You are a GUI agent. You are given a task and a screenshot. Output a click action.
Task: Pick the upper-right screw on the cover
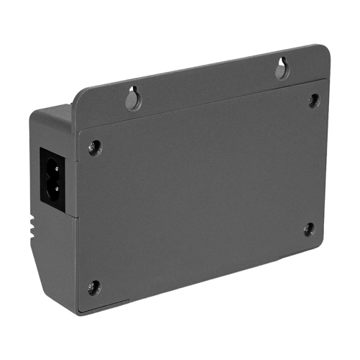point(314,100)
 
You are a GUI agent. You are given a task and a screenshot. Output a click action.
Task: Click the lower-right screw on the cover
point(309,230)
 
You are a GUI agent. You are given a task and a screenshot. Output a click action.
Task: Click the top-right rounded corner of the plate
point(325,50)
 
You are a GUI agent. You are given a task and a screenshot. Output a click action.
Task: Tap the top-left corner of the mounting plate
point(76,93)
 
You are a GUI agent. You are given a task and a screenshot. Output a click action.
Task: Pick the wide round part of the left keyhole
point(132,102)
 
